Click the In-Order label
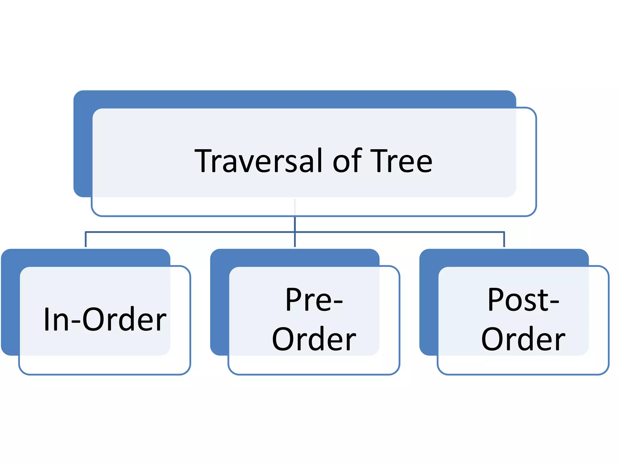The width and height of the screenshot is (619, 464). [x=105, y=320]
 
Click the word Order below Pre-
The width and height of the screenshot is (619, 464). [x=314, y=339]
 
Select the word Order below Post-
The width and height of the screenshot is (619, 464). [x=523, y=339]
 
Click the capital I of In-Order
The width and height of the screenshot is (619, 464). [x=47, y=320]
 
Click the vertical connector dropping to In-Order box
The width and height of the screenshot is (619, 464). [x=86, y=240]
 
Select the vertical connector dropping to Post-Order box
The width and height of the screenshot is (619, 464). [x=504, y=240]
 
